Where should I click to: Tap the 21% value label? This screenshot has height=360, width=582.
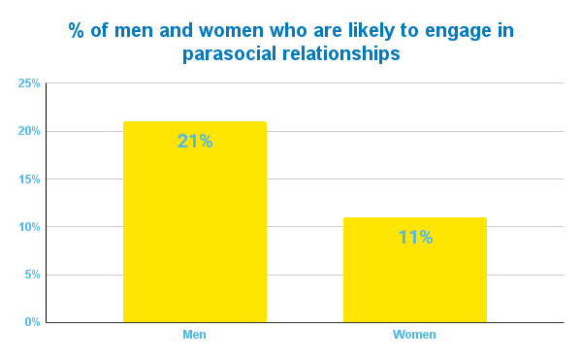click(194, 141)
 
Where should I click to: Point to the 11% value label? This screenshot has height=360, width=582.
click(414, 237)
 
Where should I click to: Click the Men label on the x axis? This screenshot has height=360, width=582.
click(194, 335)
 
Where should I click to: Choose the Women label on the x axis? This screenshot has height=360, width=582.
click(414, 335)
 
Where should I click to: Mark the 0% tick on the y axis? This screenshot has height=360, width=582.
click(31, 322)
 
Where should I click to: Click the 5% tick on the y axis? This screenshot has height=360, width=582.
click(31, 275)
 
